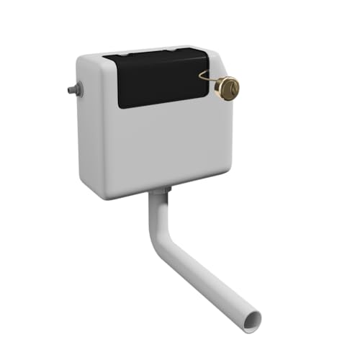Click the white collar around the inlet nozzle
click(x=78, y=89)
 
